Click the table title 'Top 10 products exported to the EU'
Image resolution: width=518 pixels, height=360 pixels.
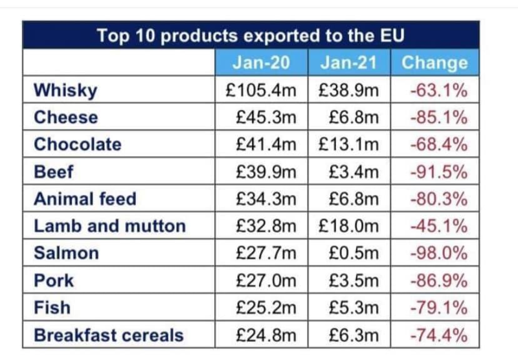point(251,35)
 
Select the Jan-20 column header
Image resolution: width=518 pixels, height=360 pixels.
point(262,63)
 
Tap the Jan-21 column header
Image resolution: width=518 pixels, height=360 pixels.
point(349,63)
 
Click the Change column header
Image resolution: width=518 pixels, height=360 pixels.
point(434,63)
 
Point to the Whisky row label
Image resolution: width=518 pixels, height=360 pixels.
point(65,90)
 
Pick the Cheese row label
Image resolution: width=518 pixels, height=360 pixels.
point(66,117)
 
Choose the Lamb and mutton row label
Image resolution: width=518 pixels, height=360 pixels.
point(109,226)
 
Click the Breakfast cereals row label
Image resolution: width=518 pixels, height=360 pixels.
point(109,335)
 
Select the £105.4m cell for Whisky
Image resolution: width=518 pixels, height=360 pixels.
point(262,90)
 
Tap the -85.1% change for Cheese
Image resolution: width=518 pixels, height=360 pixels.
point(438,117)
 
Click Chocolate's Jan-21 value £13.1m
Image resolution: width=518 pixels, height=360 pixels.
point(348,144)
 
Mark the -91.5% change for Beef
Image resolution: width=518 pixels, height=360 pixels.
point(438,172)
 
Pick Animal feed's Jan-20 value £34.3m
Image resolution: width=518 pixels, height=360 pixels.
point(267,199)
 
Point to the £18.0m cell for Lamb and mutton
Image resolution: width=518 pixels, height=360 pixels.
point(348,226)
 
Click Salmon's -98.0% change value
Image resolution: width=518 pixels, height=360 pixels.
point(438,253)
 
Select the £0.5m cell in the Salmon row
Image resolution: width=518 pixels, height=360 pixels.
point(353,253)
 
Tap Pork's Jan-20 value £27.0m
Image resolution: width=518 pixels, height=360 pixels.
point(267,281)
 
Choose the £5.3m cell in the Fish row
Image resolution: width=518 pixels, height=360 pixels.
point(353,308)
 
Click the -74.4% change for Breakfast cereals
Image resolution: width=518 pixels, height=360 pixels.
point(438,335)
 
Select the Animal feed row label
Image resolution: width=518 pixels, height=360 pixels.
point(85,199)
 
